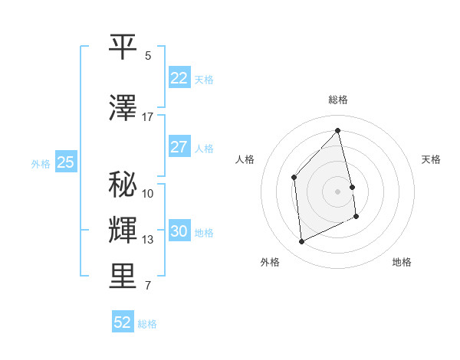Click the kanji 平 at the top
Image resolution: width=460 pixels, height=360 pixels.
click(x=123, y=47)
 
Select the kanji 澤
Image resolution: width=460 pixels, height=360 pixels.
click(x=123, y=108)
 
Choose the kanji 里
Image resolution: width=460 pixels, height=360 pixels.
click(x=123, y=277)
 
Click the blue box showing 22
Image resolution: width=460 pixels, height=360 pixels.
click(x=179, y=78)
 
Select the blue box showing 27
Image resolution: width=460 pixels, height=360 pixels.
click(x=179, y=147)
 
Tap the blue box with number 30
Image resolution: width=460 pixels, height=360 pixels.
click(x=179, y=231)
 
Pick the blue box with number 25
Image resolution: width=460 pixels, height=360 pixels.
click(x=65, y=162)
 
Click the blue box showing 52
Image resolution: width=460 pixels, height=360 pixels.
click(x=123, y=322)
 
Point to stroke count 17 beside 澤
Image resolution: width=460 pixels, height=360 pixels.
click(x=148, y=117)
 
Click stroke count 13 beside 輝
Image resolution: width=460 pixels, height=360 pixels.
click(x=148, y=240)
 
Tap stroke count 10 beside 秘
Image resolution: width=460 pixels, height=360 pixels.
click(x=148, y=193)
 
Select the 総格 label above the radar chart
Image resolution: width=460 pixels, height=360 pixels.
click(x=338, y=100)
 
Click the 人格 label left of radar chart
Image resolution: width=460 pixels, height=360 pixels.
click(x=245, y=159)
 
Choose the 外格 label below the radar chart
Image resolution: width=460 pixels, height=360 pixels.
click(x=269, y=262)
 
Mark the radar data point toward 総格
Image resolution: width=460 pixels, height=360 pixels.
click(x=338, y=130)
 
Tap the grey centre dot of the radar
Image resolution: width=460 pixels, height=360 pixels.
click(x=338, y=191)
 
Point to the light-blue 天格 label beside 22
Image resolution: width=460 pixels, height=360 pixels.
click(x=204, y=79)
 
